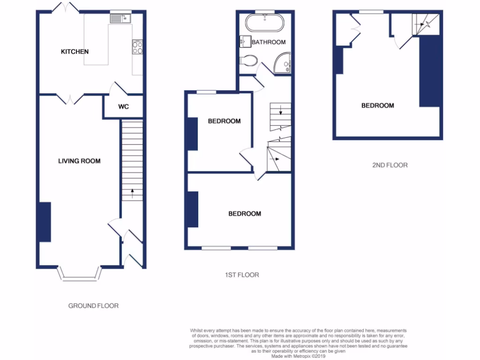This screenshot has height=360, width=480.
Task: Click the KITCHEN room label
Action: click(x=75, y=52)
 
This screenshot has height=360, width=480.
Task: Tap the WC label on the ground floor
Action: click(x=123, y=107)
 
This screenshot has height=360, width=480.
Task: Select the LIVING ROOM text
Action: click(x=79, y=161)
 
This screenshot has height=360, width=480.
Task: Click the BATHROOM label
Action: click(x=269, y=42)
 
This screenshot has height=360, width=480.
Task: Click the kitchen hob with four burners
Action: click(x=138, y=47)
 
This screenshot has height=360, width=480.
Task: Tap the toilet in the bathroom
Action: click(x=248, y=60)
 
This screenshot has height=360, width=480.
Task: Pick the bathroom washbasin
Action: click(x=245, y=42)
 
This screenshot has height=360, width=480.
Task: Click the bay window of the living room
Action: click(x=79, y=275)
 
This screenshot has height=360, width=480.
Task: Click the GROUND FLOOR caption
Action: click(x=93, y=306)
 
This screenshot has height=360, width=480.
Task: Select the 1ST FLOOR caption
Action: click(x=241, y=275)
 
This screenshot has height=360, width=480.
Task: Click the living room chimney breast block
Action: click(x=45, y=222)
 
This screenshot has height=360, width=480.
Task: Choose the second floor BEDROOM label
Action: click(x=377, y=105)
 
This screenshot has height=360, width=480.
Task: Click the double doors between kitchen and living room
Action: click(x=69, y=98)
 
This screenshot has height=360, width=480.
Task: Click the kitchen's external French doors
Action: click(x=66, y=8)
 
